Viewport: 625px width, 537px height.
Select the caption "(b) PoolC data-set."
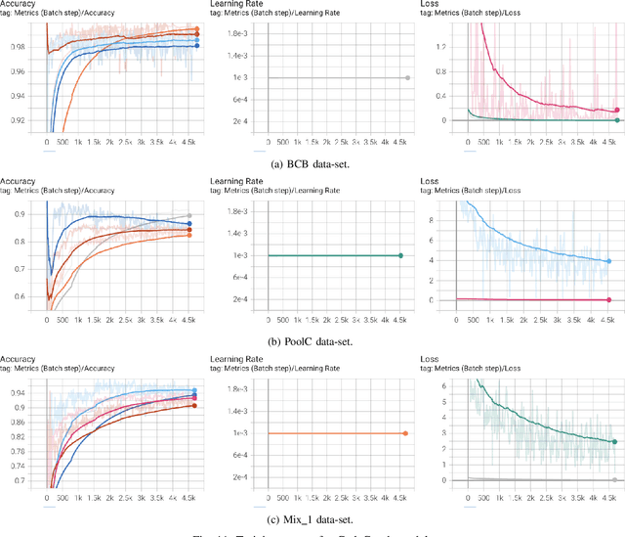click(x=312, y=340)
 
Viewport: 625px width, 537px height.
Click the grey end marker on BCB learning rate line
click(x=407, y=77)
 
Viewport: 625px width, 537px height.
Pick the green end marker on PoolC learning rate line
click(x=400, y=255)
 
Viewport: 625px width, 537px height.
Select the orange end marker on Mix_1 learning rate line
click(x=404, y=432)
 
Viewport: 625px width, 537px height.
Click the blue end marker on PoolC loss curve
click(x=608, y=261)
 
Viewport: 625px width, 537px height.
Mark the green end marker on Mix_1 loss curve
click(x=615, y=442)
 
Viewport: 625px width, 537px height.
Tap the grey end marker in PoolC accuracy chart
click(x=189, y=215)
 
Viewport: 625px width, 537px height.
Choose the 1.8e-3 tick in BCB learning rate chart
click(x=236, y=33)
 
